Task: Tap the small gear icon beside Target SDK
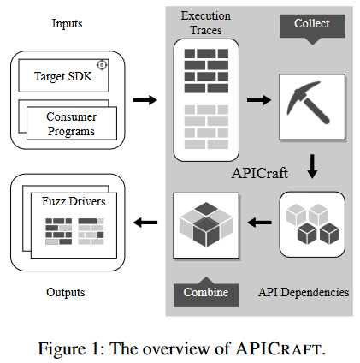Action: click(x=102, y=65)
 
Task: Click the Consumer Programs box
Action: click(x=71, y=124)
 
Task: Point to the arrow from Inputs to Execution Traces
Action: click(x=146, y=100)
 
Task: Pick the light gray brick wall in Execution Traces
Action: click(x=207, y=124)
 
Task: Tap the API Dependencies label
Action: click(x=303, y=292)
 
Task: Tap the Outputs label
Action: click(x=65, y=292)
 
